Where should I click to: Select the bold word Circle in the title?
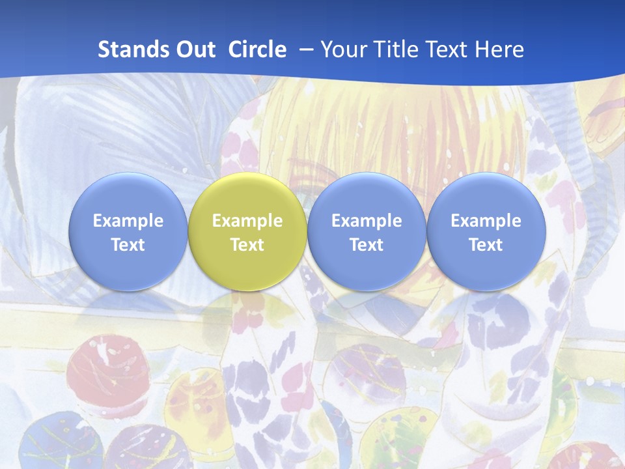click(257, 50)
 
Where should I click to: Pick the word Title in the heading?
click(396, 50)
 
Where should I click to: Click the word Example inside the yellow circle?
click(247, 221)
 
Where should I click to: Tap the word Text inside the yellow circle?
click(247, 245)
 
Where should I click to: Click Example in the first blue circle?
click(128, 221)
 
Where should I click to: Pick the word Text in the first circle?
click(128, 245)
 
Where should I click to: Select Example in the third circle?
click(367, 221)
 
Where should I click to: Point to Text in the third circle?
click(367, 245)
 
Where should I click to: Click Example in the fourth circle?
click(486, 221)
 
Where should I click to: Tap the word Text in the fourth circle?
click(486, 245)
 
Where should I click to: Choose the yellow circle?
click(247, 195)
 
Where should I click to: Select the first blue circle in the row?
click(128, 195)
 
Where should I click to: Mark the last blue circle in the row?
click(486, 195)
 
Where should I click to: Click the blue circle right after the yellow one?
click(367, 195)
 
